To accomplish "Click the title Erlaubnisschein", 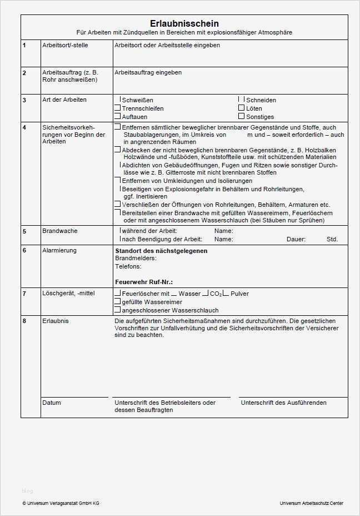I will click(184, 23).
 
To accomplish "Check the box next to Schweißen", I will click(117, 100).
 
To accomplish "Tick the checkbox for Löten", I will click(241, 108).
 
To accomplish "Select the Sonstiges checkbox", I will click(241, 116).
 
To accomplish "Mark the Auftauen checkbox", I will click(117, 117).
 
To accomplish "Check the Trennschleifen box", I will click(117, 108).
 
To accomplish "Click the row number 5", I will click(24, 231).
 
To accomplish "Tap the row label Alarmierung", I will click(59, 250).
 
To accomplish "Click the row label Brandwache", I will click(60, 231).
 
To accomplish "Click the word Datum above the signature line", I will click(52, 403).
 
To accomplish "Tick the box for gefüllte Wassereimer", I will click(117, 301).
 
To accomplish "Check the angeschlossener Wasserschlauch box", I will click(117, 310).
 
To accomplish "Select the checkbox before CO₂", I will click(206, 293).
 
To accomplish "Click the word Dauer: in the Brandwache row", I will click(296, 239).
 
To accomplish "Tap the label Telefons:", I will click(128, 266).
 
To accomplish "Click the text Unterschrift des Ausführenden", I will click(283, 403).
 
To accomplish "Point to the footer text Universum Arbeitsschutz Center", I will click(312, 503).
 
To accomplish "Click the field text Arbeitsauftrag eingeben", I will click(148, 72).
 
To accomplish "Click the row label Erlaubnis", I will click(56, 321).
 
